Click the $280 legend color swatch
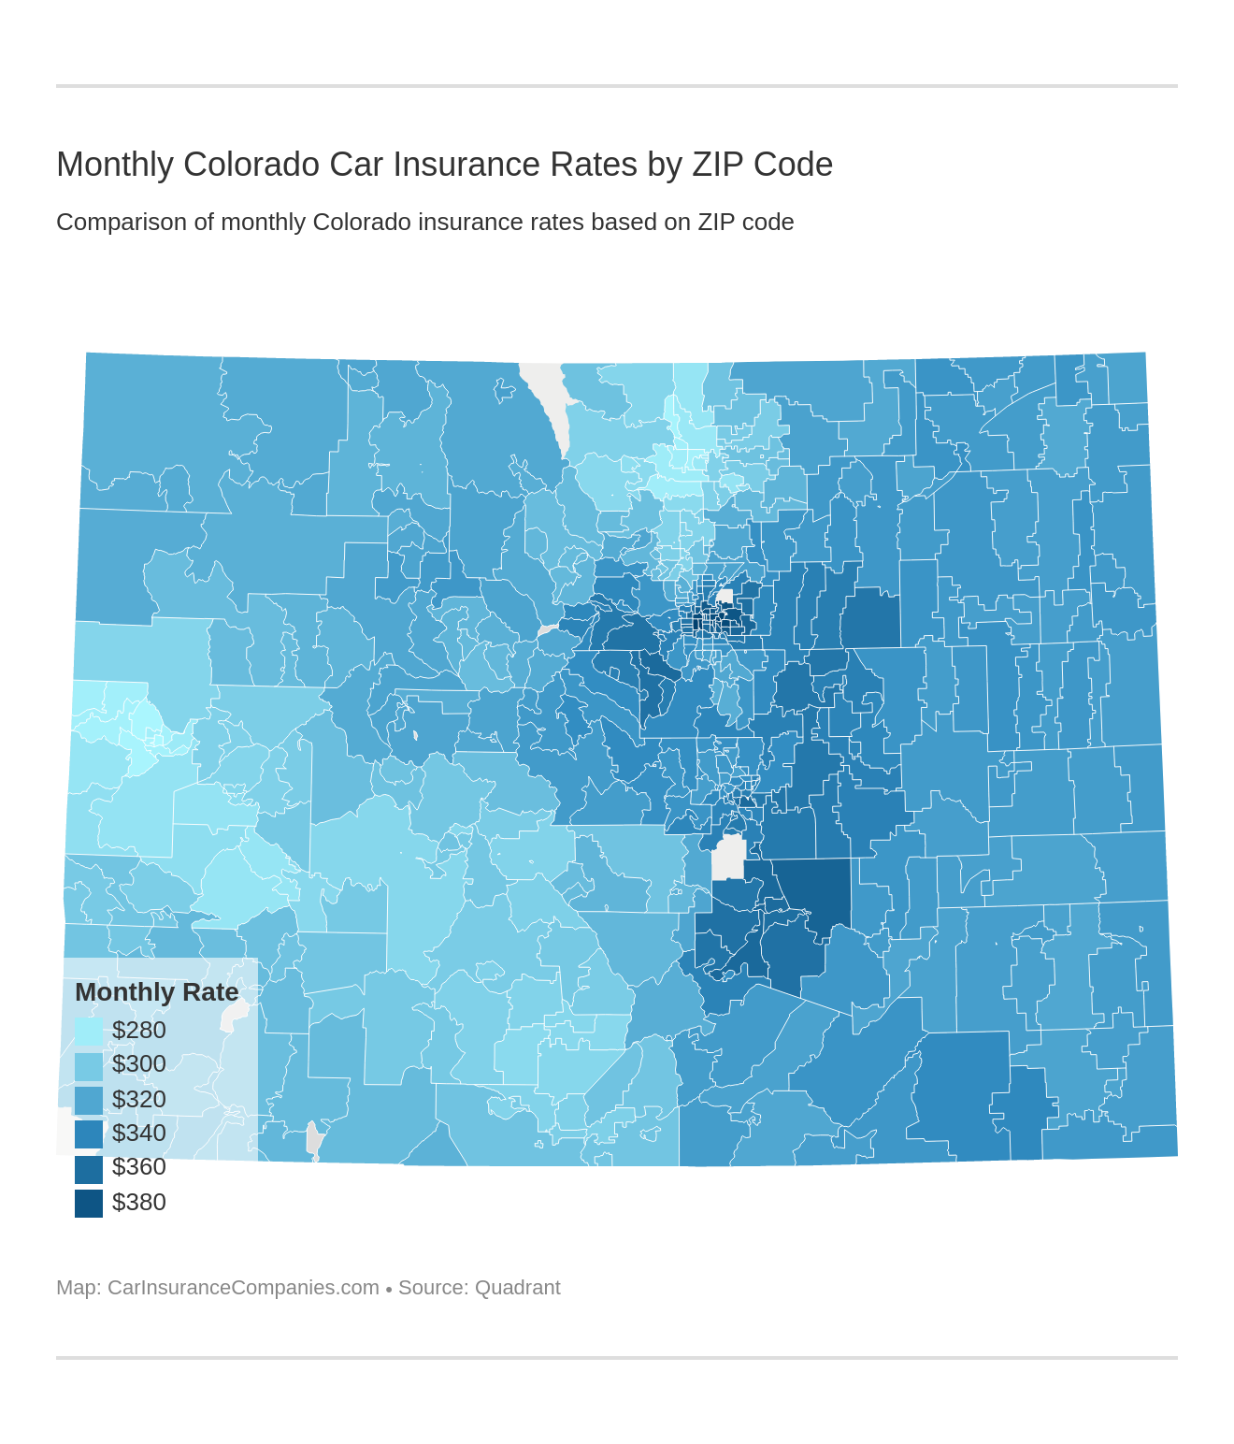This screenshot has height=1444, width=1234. (89, 1031)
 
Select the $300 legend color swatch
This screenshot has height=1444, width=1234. (89, 1065)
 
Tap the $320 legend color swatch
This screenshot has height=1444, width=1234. (89, 1100)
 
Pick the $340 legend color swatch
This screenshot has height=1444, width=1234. (89, 1134)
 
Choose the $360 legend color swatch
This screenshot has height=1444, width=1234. (89, 1168)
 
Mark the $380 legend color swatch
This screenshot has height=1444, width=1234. (89, 1203)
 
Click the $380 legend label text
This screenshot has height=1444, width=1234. (138, 1203)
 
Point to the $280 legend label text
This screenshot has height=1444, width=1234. (138, 1031)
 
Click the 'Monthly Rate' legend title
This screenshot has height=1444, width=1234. (156, 992)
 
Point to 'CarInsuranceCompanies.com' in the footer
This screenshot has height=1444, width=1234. (243, 1288)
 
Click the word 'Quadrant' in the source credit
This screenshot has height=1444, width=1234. (517, 1288)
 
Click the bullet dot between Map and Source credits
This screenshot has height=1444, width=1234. (389, 1289)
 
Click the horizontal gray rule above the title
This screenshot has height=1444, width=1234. (617, 86)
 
